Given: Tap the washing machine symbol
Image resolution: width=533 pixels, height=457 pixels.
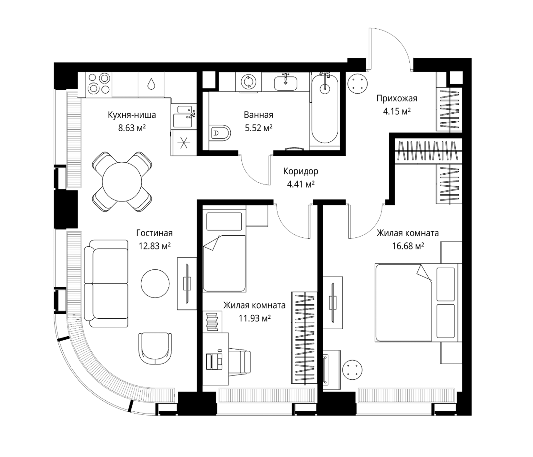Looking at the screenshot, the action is tap(249, 82).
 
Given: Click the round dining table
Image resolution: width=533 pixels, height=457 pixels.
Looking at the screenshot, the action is tap(122, 182).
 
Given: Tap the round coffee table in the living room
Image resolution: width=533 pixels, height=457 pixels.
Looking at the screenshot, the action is tap(155, 284).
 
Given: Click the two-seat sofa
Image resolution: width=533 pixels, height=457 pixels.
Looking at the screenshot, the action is tap(106, 284).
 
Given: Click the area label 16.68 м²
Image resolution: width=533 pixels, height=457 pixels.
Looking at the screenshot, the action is tap(408, 246).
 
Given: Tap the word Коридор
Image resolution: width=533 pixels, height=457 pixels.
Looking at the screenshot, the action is tap(301, 171).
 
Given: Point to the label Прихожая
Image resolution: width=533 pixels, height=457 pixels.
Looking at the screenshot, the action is tap(397, 98).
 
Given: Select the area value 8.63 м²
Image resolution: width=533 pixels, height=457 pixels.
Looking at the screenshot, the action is tap(132, 128).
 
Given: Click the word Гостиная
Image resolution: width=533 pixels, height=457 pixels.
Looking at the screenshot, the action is tap(154, 233).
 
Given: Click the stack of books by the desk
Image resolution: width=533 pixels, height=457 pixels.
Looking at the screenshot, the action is tap(212, 321).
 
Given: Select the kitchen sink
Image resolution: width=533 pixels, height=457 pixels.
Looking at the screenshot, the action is tap(183, 117).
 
